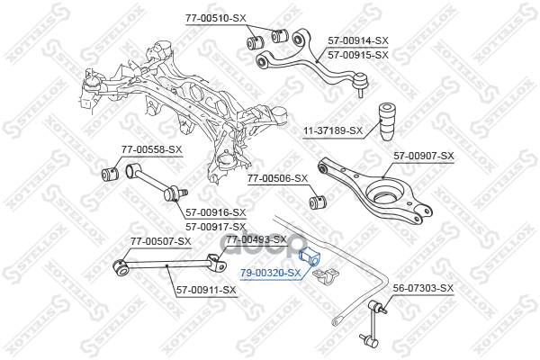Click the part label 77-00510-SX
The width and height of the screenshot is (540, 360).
click(x=216, y=18)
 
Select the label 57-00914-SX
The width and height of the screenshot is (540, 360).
click(x=358, y=40)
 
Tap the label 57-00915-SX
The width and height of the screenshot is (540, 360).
click(x=358, y=55)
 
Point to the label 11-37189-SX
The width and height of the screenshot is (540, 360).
click(x=333, y=130)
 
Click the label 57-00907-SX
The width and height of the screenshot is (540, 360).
click(x=424, y=156)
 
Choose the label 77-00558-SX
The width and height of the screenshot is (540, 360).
click(x=151, y=149)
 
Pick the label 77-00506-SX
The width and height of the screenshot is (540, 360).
click(x=277, y=178)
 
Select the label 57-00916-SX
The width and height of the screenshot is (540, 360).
click(x=216, y=212)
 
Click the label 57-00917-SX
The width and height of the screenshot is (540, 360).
click(x=216, y=227)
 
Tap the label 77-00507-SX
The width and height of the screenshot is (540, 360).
click(x=160, y=241)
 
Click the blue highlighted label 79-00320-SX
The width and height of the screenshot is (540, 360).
click(x=271, y=274)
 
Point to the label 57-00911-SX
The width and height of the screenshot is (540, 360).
click(x=207, y=291)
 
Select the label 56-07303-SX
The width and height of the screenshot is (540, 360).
click(x=423, y=288)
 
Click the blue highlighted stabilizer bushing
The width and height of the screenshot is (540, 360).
click(x=309, y=257)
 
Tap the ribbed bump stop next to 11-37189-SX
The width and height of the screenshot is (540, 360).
click(x=386, y=121)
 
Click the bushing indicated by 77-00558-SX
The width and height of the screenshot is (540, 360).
click(x=110, y=174)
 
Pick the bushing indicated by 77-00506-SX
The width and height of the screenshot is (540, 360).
click(x=318, y=202)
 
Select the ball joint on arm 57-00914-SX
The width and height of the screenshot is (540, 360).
click(x=362, y=83)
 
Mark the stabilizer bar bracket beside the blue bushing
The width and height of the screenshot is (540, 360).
click(x=326, y=276)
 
